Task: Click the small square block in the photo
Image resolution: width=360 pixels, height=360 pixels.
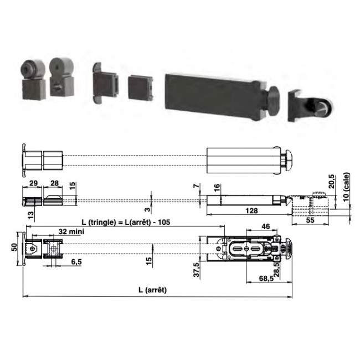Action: point(140,88)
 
